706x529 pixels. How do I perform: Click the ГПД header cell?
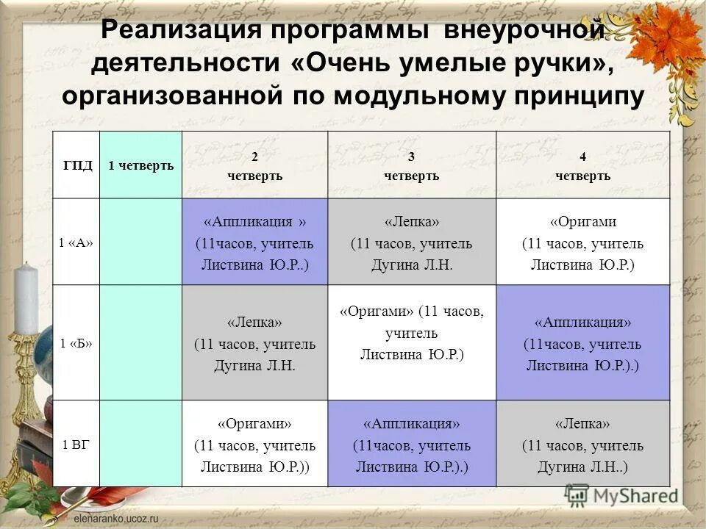point(76,165)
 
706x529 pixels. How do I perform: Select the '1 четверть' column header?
point(140,165)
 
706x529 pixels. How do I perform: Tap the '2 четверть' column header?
point(254,166)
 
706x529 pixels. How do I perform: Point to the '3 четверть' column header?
point(411,166)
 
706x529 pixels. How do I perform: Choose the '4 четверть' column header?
point(582,166)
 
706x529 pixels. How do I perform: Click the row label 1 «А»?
point(76,242)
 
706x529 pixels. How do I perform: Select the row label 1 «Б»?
point(76,343)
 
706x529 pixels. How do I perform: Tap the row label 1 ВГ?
point(76,444)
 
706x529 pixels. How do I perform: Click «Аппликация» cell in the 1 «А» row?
point(254,242)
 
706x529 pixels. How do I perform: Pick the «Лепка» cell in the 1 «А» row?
point(411,242)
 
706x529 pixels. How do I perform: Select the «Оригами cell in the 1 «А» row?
point(582,242)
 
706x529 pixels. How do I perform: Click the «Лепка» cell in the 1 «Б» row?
point(254,343)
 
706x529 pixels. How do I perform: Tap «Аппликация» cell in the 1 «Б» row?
point(582,343)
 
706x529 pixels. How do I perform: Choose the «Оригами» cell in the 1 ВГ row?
point(254,444)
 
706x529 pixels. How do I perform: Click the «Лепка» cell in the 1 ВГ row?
point(582,444)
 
